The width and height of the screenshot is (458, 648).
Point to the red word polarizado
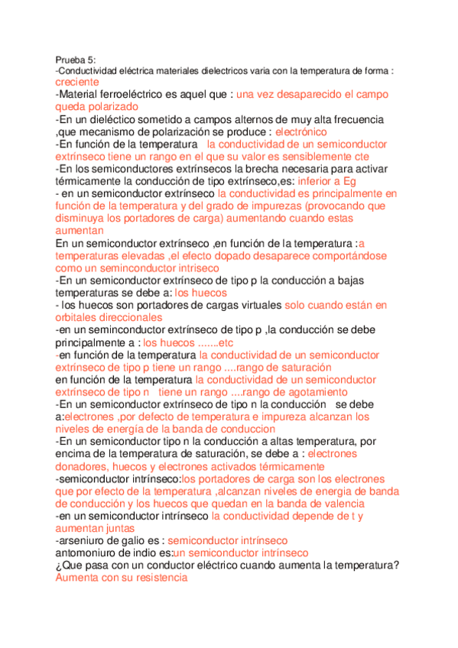click(x=112, y=107)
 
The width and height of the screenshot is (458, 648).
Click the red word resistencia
click(x=153, y=578)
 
